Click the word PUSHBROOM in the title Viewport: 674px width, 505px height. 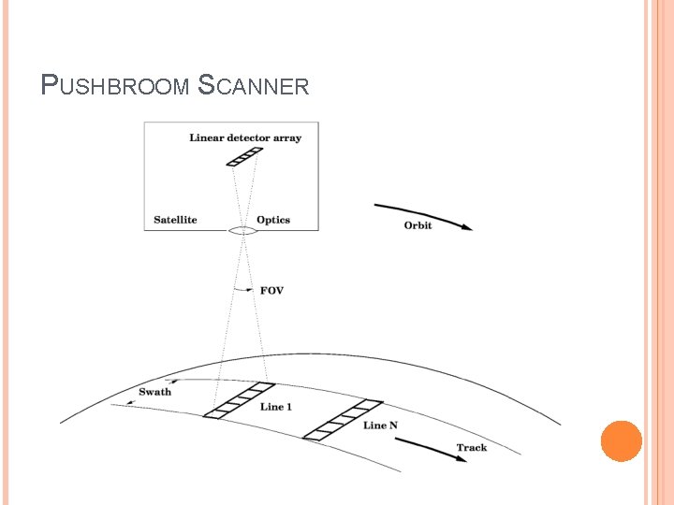pos(116,86)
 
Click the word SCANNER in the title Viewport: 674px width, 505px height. pos(254,86)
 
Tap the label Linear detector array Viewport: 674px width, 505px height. pos(245,138)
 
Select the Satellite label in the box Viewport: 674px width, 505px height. pos(175,220)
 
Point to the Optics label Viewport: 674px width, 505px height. pos(273,220)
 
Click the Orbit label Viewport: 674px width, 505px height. pos(418,225)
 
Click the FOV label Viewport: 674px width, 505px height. pos(271,291)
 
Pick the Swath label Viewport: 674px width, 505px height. pos(154,392)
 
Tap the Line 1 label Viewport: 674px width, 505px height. pos(276,407)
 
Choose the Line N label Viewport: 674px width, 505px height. pos(380,426)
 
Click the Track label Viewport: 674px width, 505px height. pos(471,448)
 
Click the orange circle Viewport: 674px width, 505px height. pos(621,440)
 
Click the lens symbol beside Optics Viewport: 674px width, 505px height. pos(242,230)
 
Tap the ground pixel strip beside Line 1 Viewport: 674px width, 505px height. pos(239,399)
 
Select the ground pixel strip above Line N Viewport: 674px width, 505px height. pos(344,419)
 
